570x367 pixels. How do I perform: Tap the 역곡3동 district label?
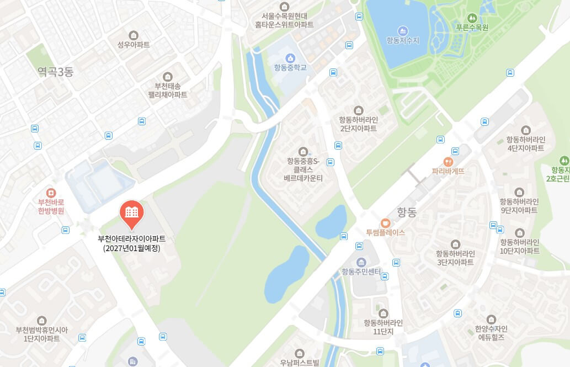(55, 72)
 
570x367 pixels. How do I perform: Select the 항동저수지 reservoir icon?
(403, 31)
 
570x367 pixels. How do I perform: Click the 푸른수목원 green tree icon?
(472, 18)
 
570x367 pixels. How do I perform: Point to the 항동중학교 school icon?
(290, 58)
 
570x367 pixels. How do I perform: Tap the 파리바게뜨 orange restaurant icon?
(448, 162)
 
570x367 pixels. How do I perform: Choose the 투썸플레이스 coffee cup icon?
(385, 222)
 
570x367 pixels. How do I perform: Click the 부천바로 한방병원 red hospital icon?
(51, 193)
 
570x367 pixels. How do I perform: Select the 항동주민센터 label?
(361, 271)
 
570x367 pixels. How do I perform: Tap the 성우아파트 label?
(134, 45)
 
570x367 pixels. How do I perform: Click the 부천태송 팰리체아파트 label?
(167, 91)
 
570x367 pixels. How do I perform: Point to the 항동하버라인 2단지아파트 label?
(358, 124)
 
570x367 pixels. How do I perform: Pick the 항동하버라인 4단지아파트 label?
(526, 144)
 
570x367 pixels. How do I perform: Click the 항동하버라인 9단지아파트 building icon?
(519, 193)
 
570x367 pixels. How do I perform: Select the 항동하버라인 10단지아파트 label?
(520, 246)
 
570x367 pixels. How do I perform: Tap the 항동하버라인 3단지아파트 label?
(455, 258)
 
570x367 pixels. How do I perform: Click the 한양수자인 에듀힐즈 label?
(491, 333)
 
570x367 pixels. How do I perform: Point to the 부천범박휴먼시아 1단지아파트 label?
(42, 334)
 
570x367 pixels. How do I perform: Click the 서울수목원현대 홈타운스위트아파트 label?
(284, 20)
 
